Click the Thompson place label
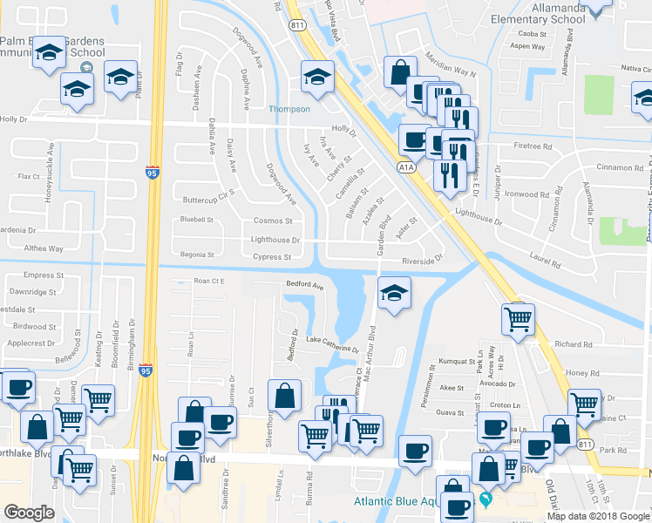tap(289, 109)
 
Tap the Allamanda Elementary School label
tap(537, 13)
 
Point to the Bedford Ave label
tap(305, 286)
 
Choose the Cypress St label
tap(270, 257)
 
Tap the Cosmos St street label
tap(271, 221)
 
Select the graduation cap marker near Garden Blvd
tap(394, 292)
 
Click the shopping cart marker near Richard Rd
tap(518, 321)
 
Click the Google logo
tap(29, 513)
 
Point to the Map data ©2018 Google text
tap(598, 516)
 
